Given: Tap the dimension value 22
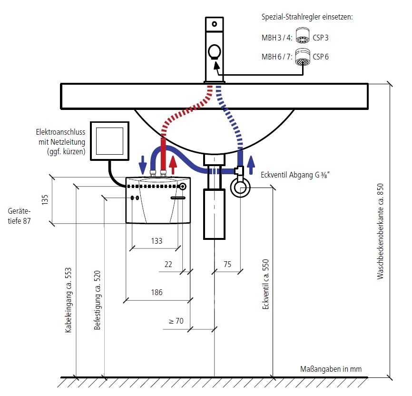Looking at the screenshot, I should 168,264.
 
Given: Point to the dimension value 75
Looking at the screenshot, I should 227,264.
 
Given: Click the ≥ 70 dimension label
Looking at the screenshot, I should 176,321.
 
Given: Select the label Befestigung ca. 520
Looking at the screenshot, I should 97,300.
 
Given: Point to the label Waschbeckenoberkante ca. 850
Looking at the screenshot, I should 380,231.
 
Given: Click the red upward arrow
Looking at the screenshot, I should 173,164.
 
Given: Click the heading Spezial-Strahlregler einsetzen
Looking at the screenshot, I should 307,18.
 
